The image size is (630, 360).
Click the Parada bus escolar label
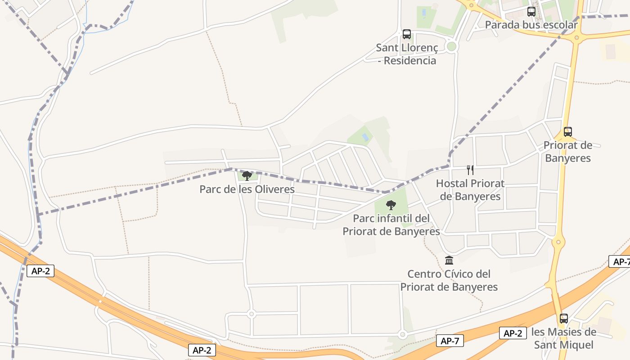[x=531, y=25]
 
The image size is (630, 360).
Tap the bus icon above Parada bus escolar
[x=531, y=12]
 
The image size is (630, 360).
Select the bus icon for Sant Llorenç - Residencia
[x=407, y=34]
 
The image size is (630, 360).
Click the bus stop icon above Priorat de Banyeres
[x=568, y=132]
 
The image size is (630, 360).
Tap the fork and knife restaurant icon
[x=470, y=170]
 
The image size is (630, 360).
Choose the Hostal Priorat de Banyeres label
[x=470, y=190]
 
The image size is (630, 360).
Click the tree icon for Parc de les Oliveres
[x=247, y=175]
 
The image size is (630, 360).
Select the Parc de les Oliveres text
[x=247, y=189]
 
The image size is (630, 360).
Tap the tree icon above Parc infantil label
[x=391, y=205]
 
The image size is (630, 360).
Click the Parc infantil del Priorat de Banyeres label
[x=391, y=225]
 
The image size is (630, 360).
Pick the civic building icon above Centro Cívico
[x=449, y=261]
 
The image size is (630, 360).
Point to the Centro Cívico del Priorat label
[x=449, y=280]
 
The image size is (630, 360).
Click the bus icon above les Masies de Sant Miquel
[x=564, y=319]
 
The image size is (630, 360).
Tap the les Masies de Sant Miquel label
[x=564, y=338]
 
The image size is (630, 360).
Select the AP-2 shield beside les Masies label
[x=513, y=333]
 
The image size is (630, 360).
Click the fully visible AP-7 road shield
[x=450, y=341]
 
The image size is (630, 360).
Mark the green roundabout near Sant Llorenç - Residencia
[x=452, y=47]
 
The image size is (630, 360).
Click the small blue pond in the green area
[x=365, y=136]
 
